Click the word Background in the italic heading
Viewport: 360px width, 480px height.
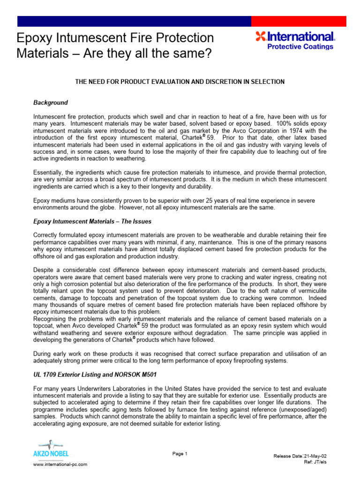[51, 103]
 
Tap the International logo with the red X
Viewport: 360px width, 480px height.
[295, 37]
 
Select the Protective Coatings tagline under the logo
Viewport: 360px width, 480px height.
[300, 47]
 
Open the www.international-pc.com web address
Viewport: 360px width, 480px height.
[60, 464]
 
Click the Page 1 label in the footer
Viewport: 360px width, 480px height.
[180, 453]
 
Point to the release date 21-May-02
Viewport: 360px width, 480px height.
[315, 456]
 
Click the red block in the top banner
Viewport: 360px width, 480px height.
[299, 21]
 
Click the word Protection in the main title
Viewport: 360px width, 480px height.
[185, 38]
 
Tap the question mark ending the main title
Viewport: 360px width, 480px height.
[208, 54]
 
